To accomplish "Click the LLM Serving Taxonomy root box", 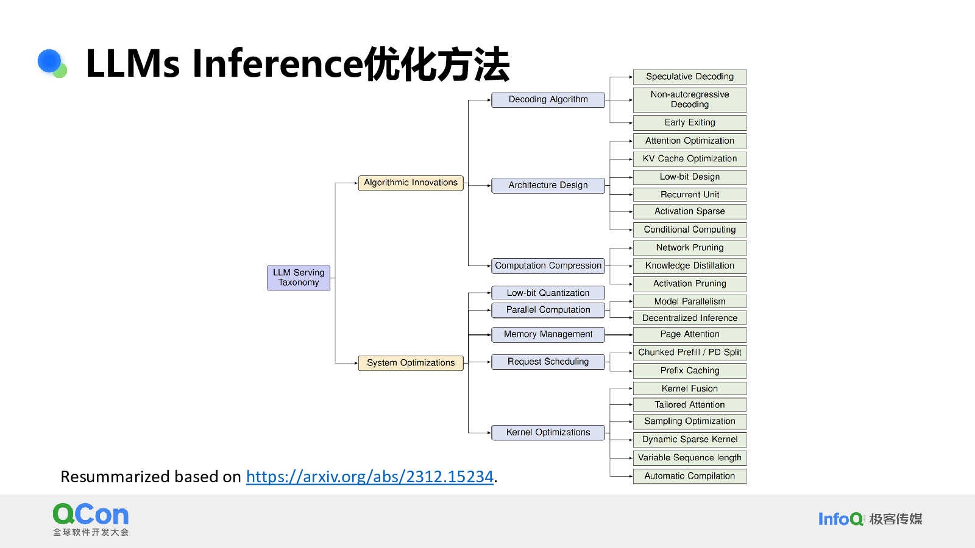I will (299, 278).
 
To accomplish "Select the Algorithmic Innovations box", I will (411, 183).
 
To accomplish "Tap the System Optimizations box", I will (411, 363).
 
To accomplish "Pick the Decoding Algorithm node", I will (548, 100).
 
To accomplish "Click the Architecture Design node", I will (548, 185).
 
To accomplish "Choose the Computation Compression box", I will (548, 265).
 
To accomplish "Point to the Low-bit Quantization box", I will (548, 293).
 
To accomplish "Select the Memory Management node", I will (548, 334).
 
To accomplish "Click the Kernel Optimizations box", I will (548, 432).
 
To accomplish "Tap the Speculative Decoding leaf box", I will (690, 77).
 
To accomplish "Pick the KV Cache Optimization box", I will (690, 159).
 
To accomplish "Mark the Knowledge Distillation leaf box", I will (690, 265).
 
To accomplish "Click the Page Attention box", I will (690, 334).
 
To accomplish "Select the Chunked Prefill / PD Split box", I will (690, 353).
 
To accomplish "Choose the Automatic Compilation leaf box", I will (690, 476).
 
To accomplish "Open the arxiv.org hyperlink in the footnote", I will (369, 477).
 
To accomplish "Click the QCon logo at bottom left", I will (91, 518).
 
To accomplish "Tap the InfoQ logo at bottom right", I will (841, 519).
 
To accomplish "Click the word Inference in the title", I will (277, 63).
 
